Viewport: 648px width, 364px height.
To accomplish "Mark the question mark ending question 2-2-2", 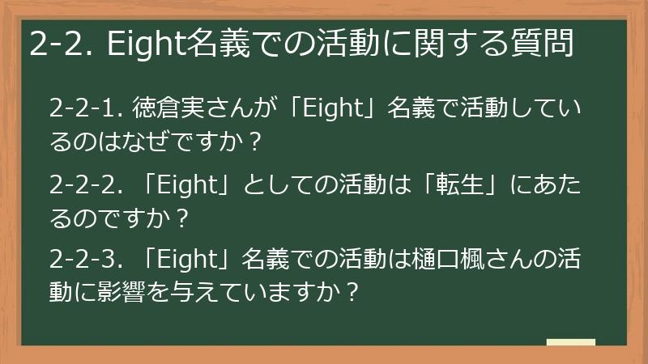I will (x=182, y=219).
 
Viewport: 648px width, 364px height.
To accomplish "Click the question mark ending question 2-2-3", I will (x=351, y=294).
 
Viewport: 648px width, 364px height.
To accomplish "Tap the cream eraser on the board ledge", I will (x=570, y=342).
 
